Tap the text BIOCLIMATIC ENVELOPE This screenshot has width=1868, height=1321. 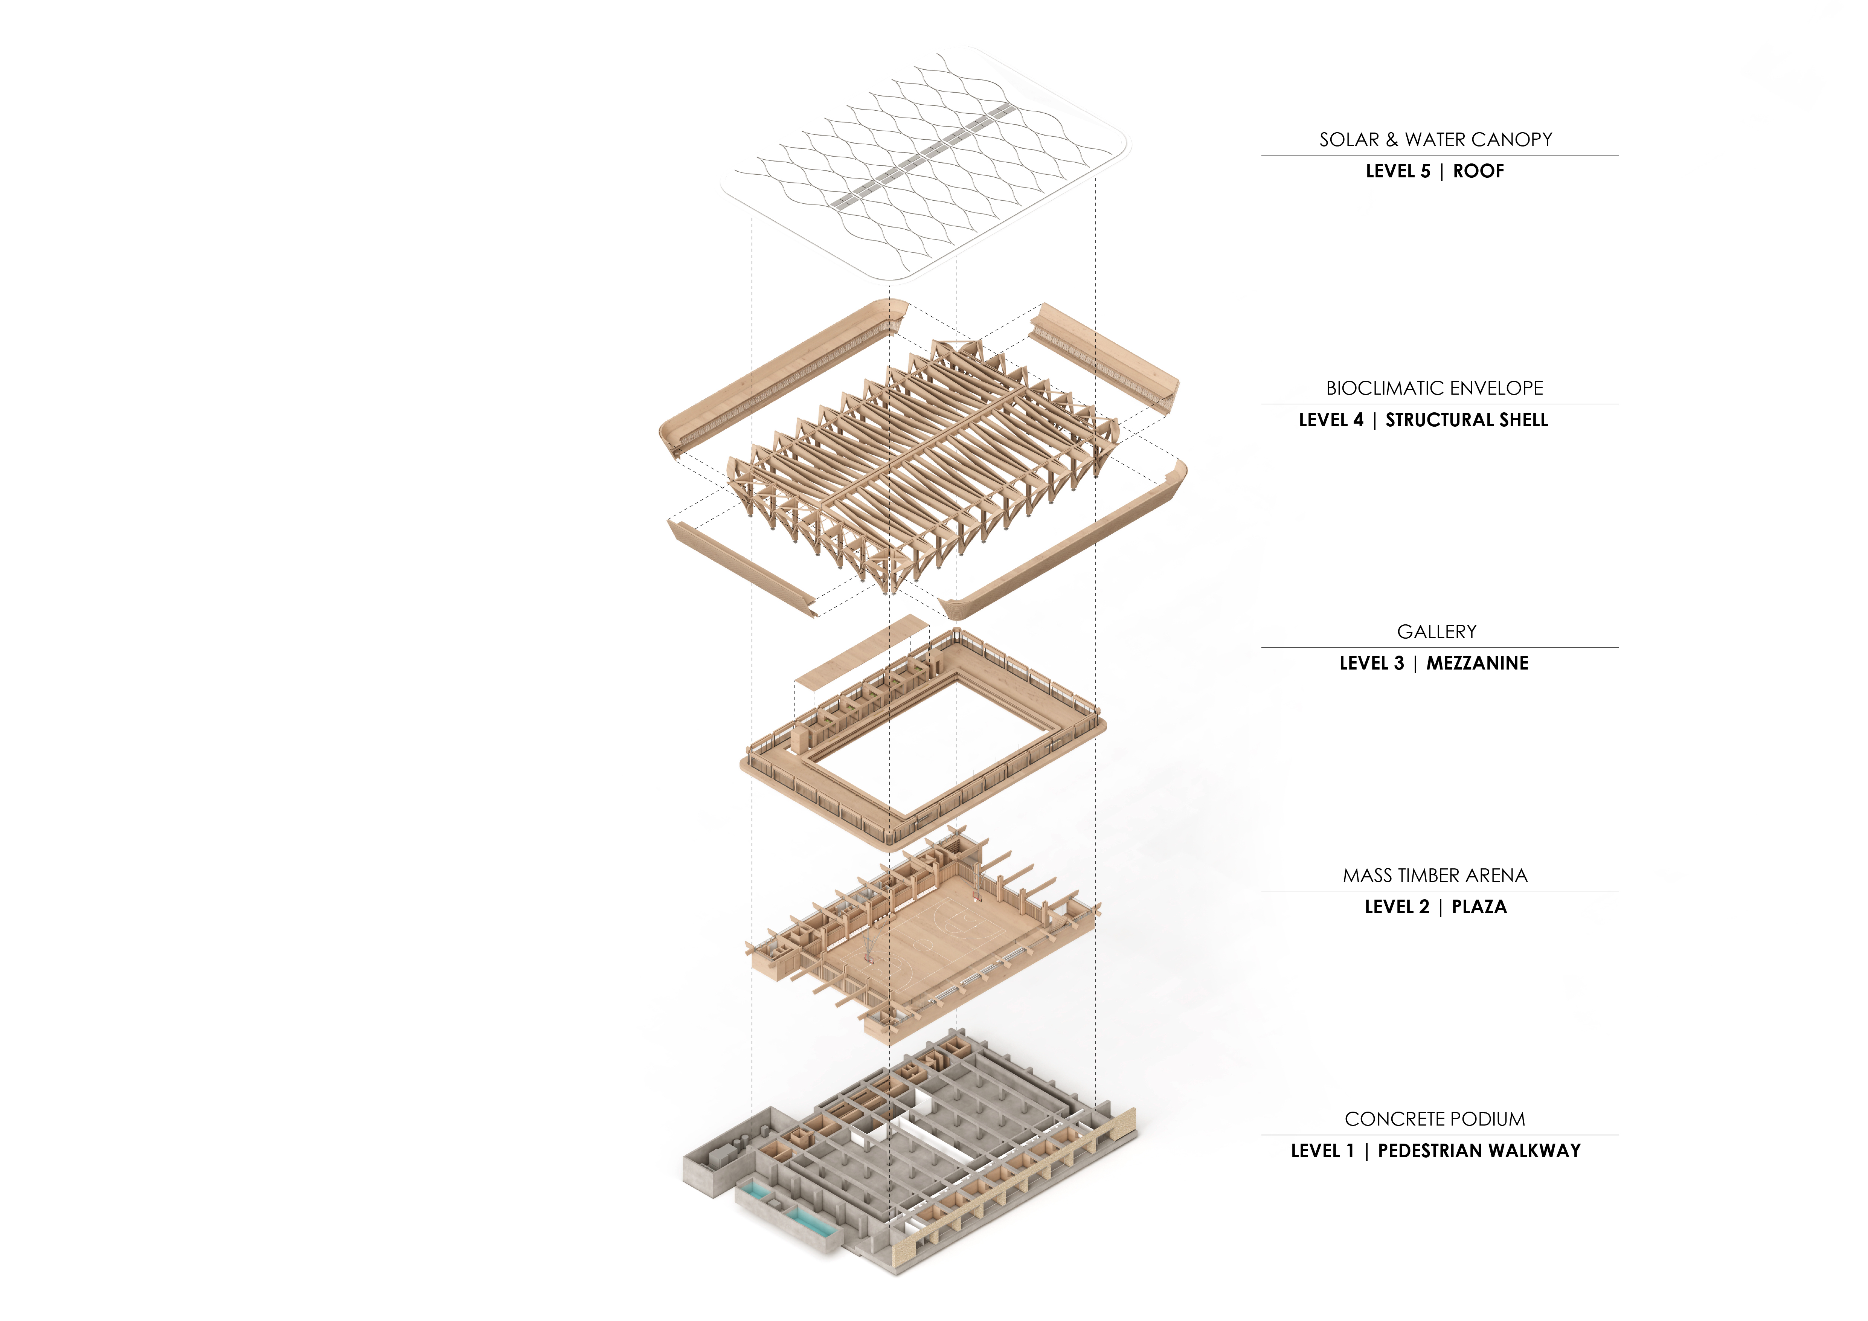[1434, 388]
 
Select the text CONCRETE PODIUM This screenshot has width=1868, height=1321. [1434, 1119]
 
